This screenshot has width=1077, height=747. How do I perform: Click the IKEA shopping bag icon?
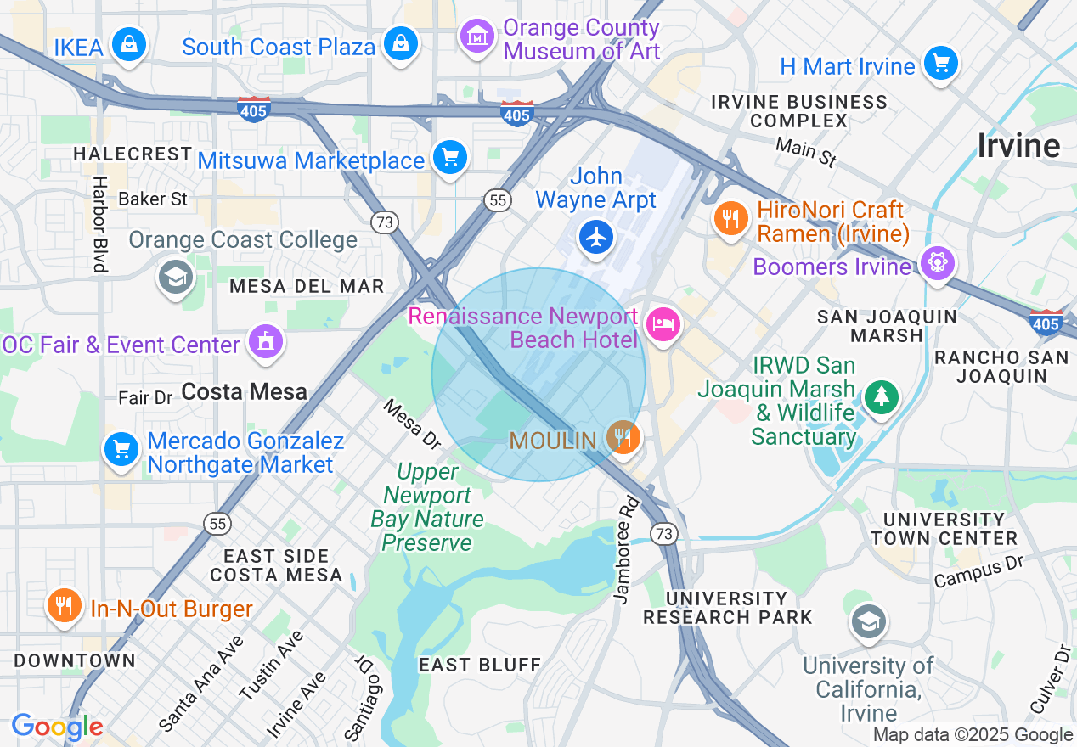coord(129,44)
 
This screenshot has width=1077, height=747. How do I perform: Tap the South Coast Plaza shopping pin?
coord(400,44)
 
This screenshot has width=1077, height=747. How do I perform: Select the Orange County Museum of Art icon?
coord(477,37)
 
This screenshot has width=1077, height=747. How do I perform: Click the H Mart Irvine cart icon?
coord(940,64)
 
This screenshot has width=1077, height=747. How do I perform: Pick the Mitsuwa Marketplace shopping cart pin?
coord(449,158)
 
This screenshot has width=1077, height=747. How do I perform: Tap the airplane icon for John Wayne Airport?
coord(597,237)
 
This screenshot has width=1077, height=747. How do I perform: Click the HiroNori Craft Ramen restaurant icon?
coord(730,219)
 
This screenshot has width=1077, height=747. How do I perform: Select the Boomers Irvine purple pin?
coord(937,261)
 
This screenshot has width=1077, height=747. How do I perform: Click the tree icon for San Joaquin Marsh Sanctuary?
coord(882,397)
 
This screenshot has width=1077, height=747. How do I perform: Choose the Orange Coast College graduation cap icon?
coord(176,277)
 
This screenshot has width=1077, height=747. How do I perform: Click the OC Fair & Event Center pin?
coord(266,342)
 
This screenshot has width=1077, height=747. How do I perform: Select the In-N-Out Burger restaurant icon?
coord(64,606)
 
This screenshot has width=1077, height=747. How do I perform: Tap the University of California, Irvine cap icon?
coord(868,622)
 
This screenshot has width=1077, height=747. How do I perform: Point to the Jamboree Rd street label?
coord(626,550)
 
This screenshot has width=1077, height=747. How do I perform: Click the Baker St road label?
coord(153,199)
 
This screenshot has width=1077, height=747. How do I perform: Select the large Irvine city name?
coord(1018,146)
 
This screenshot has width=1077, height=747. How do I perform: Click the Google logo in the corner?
coord(57,727)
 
